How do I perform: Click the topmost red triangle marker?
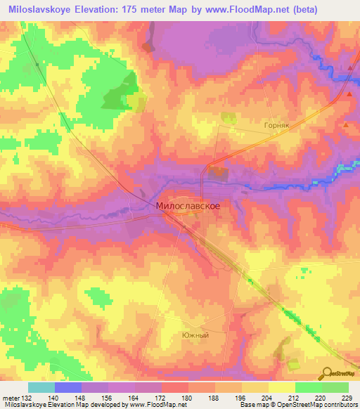[350, 67]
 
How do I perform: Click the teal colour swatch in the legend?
[41, 387]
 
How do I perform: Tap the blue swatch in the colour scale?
[68, 387]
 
